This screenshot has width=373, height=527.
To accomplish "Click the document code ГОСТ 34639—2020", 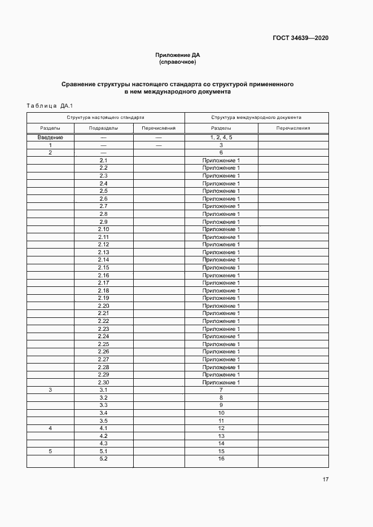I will (x=300, y=38).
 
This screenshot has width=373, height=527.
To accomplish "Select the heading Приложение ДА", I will (x=178, y=55).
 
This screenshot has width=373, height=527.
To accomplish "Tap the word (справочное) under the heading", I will (x=178, y=62).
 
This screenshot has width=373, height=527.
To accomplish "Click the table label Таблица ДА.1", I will (x=46, y=105).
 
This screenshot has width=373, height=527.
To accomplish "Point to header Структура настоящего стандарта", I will (x=106, y=118).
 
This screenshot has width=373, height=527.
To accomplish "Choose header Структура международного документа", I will (x=256, y=118).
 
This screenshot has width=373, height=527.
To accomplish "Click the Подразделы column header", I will (x=103, y=129).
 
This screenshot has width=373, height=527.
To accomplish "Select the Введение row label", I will (x=50, y=138).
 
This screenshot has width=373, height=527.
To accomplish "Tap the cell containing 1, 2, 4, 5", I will (x=221, y=138).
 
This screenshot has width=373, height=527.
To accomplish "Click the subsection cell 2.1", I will (x=103, y=161).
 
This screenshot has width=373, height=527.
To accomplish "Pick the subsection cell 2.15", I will (x=103, y=268).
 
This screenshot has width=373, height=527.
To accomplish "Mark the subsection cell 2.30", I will (x=103, y=382).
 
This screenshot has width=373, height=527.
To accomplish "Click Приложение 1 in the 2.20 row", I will (x=221, y=305).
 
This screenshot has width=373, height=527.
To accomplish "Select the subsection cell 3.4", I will (x=103, y=413).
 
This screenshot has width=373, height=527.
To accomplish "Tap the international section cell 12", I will (x=221, y=428).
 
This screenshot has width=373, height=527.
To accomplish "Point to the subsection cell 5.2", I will (x=103, y=459).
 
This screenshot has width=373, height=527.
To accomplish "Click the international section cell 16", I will (x=221, y=459).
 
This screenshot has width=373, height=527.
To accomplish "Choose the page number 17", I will (x=325, y=480).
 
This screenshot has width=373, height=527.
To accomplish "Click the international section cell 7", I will (x=221, y=390).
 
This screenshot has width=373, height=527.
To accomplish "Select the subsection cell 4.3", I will (x=103, y=444).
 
